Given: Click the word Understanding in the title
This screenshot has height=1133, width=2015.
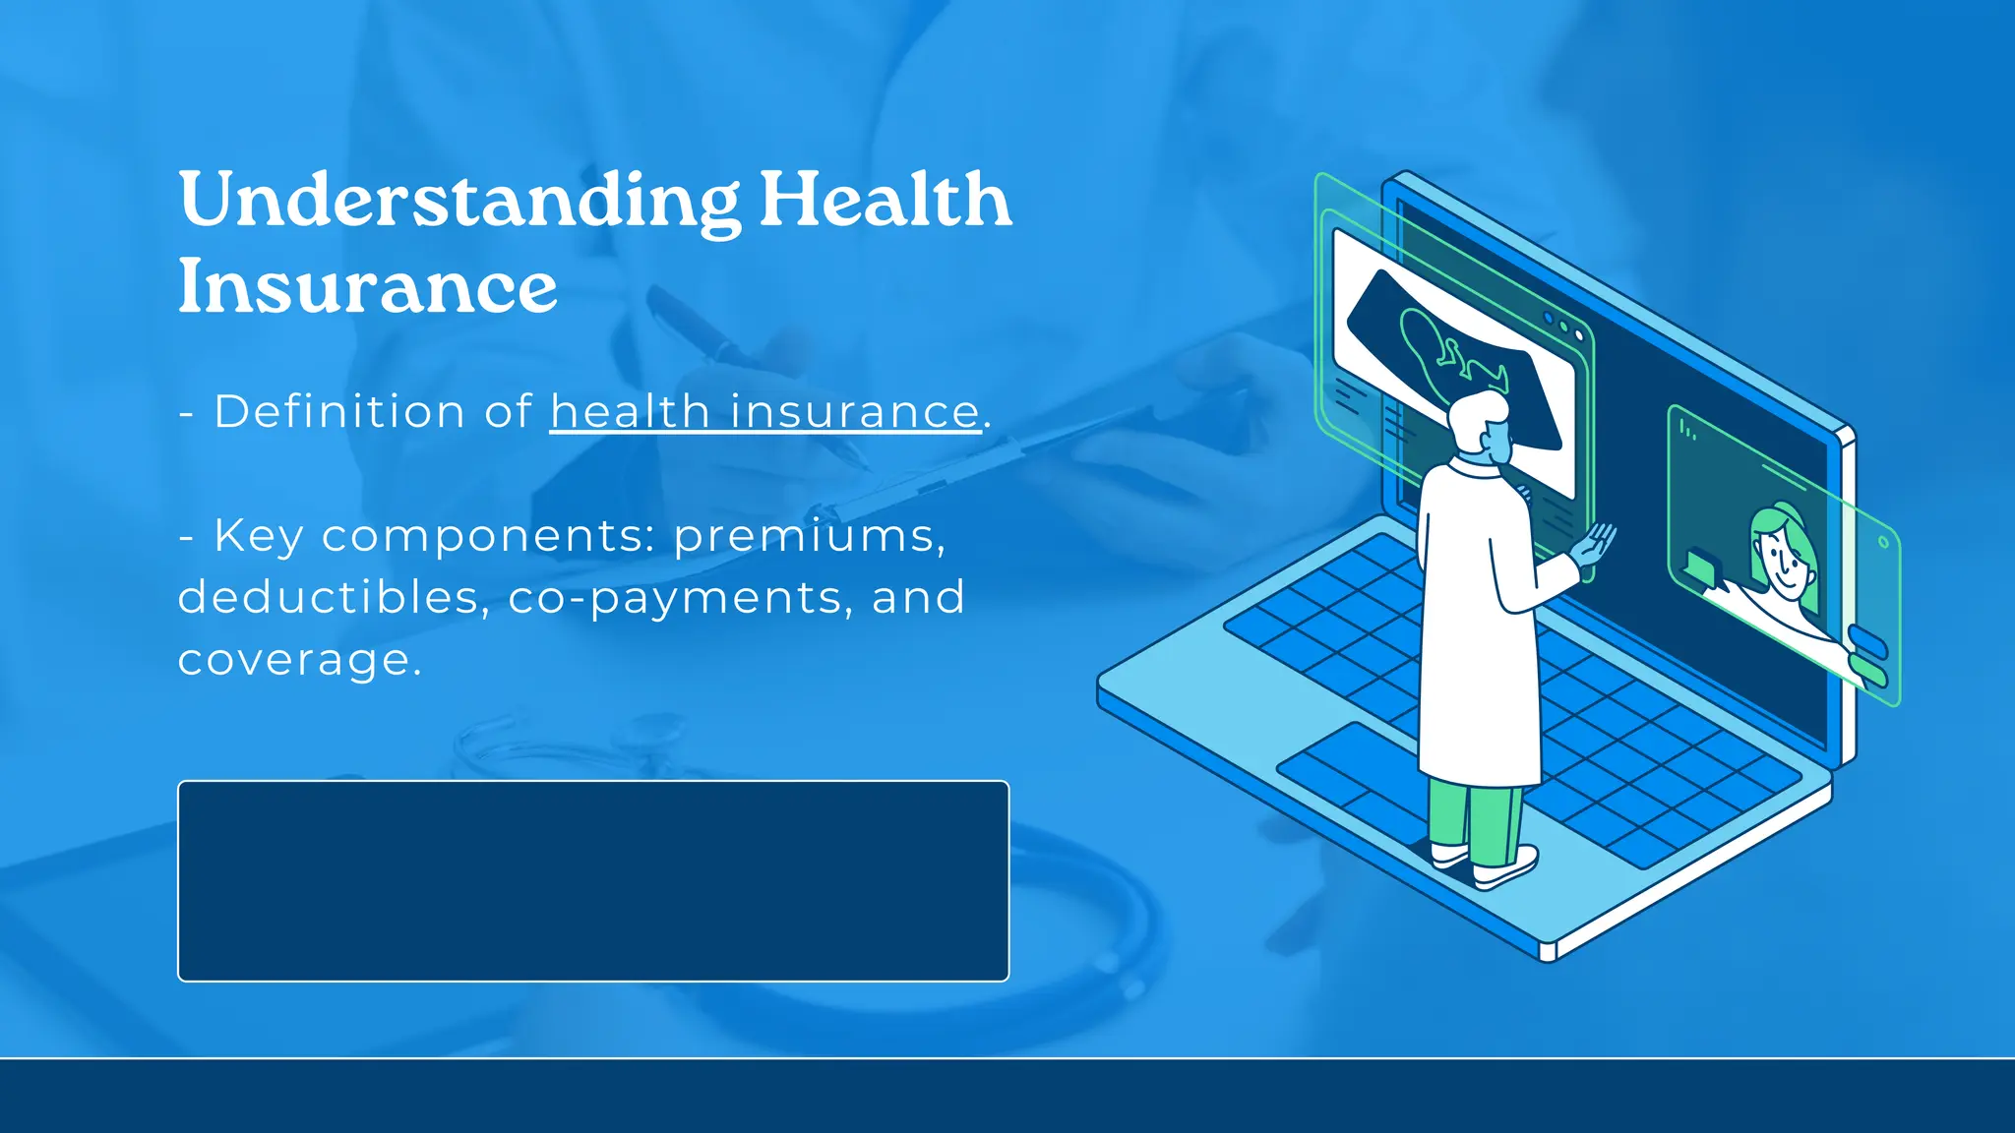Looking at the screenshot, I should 458,201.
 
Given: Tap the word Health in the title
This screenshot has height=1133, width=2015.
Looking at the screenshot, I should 885,201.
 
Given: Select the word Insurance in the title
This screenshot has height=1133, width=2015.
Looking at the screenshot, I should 367,287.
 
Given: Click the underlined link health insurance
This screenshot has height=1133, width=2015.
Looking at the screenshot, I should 764,411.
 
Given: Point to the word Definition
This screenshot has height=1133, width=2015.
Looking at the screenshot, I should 338,411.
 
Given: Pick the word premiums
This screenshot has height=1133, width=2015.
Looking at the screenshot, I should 809,537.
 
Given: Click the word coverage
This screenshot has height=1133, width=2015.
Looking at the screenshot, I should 298,659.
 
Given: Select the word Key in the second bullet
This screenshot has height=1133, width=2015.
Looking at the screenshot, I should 258,537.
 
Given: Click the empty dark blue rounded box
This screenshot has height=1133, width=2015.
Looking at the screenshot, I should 593,880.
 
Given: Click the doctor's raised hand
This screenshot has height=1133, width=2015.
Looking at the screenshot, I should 1595,544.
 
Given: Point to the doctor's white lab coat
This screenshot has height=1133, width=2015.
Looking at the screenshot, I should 1476,629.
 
